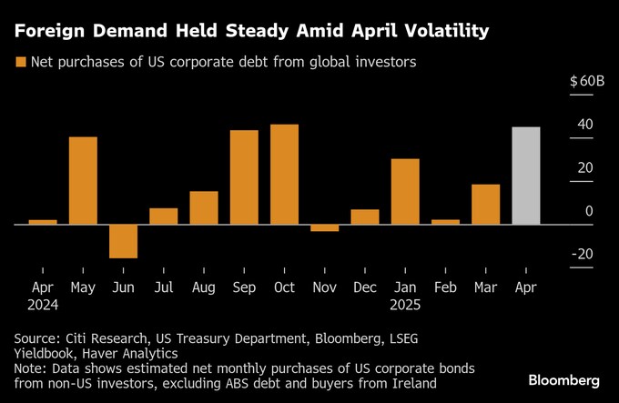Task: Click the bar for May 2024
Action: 83,180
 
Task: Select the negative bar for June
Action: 123,240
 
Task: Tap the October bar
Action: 284,174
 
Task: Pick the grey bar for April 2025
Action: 526,176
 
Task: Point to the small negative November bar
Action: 325,227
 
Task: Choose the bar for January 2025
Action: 405,191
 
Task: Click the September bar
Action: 244,176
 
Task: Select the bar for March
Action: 486,204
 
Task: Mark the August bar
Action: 204,207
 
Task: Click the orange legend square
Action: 19,63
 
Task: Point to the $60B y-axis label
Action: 586,81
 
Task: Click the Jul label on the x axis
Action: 164,287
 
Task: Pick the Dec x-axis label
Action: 365,287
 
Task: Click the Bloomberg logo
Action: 563,379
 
